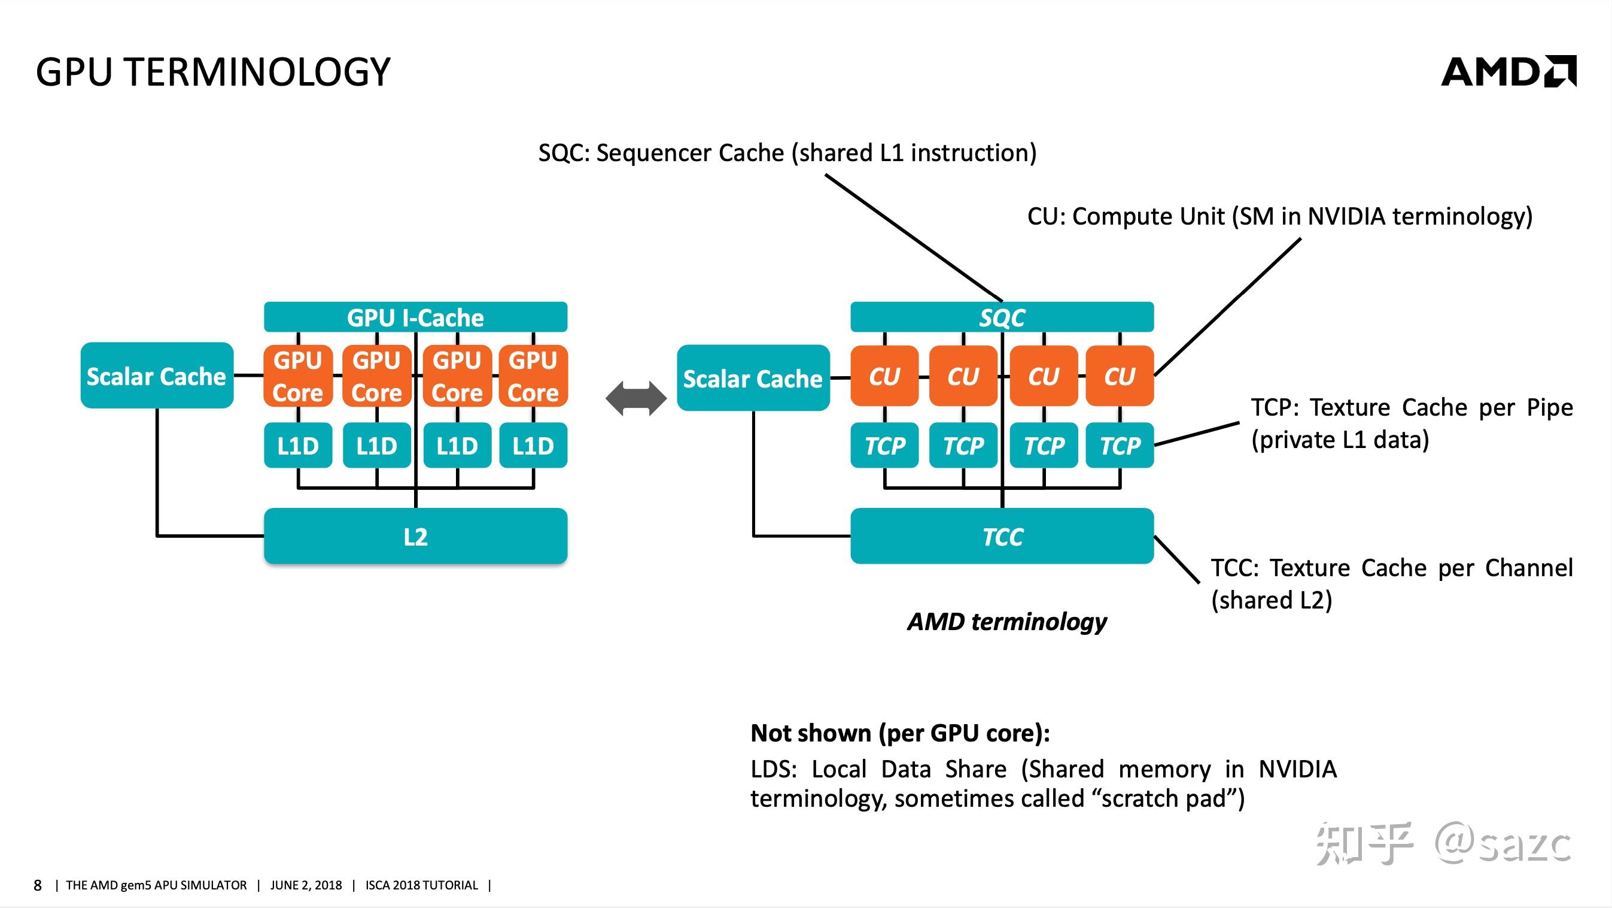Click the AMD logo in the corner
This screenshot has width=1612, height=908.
click(1508, 72)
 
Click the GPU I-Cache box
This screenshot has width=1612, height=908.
click(415, 317)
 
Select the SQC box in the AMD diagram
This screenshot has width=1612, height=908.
click(1001, 317)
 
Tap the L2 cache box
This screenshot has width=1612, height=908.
click(415, 537)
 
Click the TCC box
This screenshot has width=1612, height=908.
click(1001, 537)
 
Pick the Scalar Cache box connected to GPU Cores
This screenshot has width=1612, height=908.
click(156, 376)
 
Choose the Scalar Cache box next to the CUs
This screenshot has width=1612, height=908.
click(753, 378)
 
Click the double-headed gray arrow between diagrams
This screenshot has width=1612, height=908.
click(636, 399)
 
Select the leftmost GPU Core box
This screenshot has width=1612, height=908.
click(298, 376)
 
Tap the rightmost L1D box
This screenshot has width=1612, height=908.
click(533, 446)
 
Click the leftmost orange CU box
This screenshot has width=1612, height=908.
click(884, 376)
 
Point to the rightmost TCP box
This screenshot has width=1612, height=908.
click(1120, 446)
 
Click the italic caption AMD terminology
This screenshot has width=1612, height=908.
click(1007, 622)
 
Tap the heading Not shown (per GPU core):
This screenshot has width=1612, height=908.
click(900, 733)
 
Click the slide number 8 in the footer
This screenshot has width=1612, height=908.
click(38, 885)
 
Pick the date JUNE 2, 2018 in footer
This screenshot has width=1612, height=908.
click(306, 885)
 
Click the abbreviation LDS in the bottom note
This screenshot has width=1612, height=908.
click(772, 769)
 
